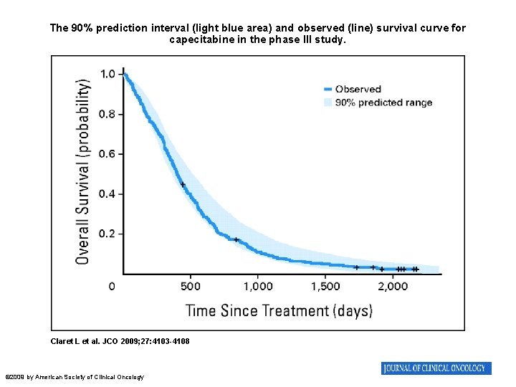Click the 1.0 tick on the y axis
click(108, 74)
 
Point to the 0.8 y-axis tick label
click(108, 114)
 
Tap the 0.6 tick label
click(108, 154)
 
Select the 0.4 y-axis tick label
click(108, 194)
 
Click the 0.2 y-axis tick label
click(108, 234)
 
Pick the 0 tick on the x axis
click(112, 287)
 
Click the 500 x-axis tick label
click(190, 287)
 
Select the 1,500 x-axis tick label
click(325, 287)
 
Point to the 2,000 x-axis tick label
click(393, 287)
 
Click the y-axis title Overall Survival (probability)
click(83, 171)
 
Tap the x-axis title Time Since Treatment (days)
click(279, 310)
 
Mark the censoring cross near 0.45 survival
click(183, 185)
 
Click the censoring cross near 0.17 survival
click(236, 239)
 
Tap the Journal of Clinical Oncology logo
click(436, 368)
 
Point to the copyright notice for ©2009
click(75, 377)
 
